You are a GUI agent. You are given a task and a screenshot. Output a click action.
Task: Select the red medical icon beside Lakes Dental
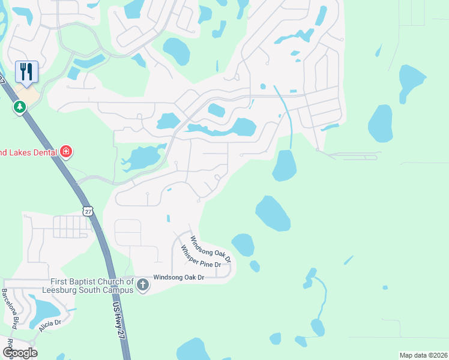(66, 152)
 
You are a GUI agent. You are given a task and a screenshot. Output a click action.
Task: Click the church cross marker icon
(142, 284)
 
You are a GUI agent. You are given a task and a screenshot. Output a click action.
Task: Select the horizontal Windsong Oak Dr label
(179, 277)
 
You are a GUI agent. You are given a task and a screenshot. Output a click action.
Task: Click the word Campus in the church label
(114, 290)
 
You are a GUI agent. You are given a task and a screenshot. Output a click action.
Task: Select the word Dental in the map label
(44, 152)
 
